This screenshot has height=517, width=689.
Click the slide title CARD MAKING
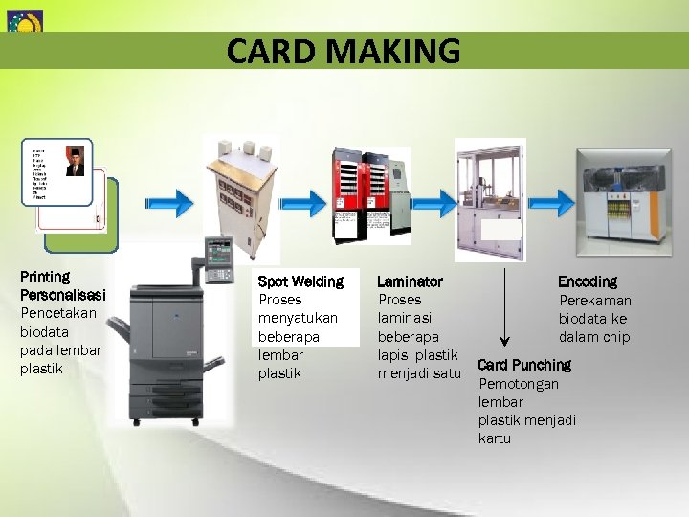[x=344, y=50]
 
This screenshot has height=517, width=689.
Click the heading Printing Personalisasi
[x=62, y=285]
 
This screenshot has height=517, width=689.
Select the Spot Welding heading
[x=300, y=281]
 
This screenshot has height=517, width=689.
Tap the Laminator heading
[x=410, y=281]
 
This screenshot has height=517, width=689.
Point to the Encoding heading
[x=588, y=281]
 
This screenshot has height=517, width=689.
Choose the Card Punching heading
[x=523, y=365]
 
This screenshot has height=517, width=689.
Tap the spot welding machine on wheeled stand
[x=234, y=196]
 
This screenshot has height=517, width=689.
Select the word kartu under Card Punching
[x=495, y=438]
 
